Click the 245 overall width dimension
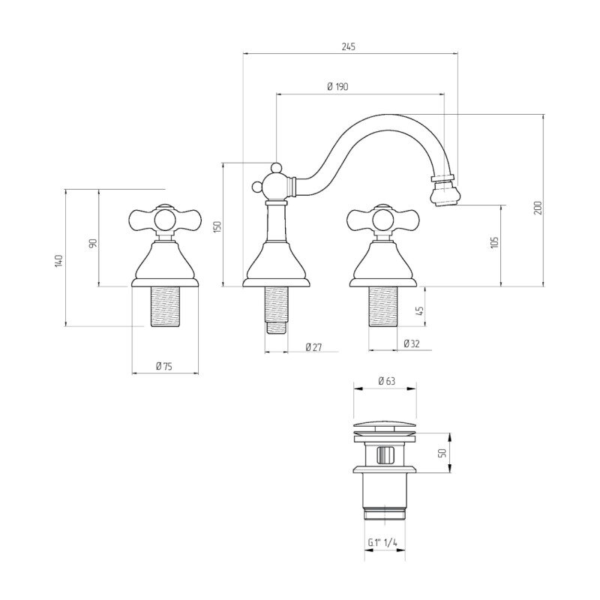348,46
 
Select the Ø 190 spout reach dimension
338,86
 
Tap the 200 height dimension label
538,208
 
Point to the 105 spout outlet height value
494,242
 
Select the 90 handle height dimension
93,243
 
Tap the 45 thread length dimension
420,310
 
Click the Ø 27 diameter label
313,347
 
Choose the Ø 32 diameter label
412,343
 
